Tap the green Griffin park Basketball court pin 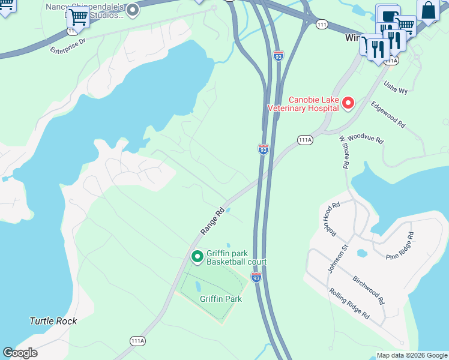tap(197, 257)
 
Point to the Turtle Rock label tap(53, 321)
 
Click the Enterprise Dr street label tap(68, 43)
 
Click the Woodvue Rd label tap(365, 139)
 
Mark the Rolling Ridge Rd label tap(349, 303)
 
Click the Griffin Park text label tap(221, 298)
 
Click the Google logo tap(20, 353)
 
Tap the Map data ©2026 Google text tap(411, 355)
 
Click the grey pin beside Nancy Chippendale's tap(133, 10)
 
